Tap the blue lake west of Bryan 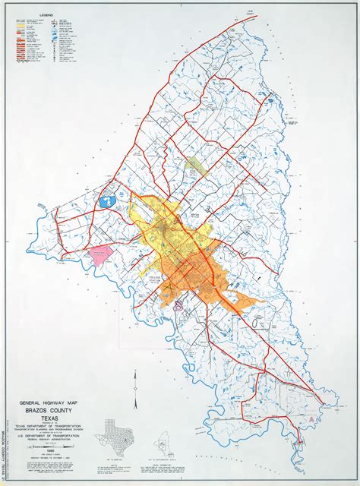coord(107,202)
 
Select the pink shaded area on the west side coord(99,255)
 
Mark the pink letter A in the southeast coord(313,418)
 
